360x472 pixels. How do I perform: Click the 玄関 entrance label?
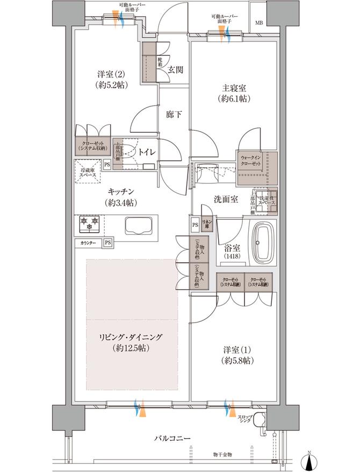[x=175, y=69]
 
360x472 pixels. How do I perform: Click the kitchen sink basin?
[x=138, y=225]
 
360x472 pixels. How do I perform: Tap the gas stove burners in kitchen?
[x=90, y=221]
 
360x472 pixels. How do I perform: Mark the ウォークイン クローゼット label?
[x=251, y=160]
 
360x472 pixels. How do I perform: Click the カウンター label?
[x=89, y=243]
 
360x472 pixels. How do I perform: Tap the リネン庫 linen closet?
[x=207, y=223]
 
